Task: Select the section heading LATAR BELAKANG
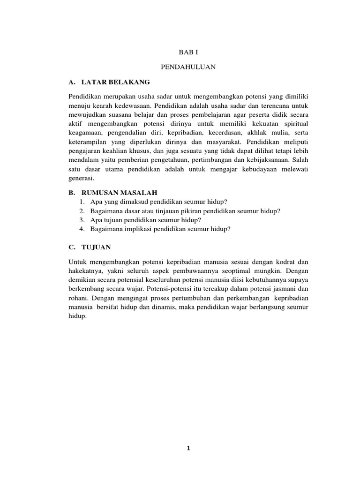coord(115,82)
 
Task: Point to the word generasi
coord(81,178)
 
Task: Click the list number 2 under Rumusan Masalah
coord(82,211)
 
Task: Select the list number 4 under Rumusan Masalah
coord(82,229)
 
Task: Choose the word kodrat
coord(285,262)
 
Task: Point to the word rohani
coord(78,298)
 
